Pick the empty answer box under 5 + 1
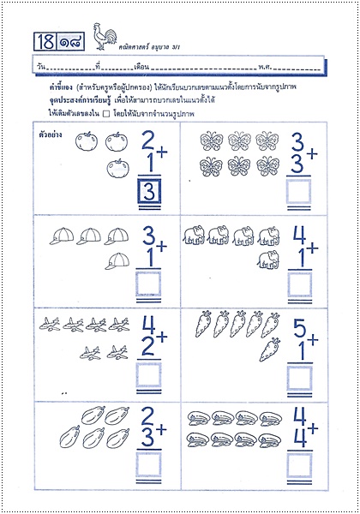click(298, 378)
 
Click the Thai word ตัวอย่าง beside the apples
click(52, 135)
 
